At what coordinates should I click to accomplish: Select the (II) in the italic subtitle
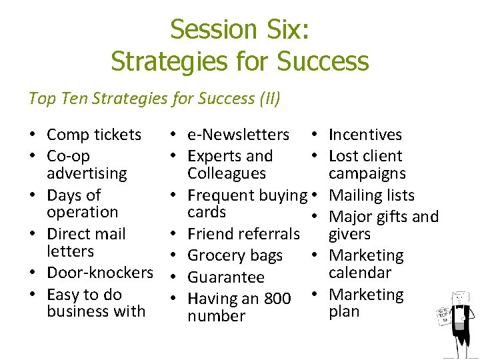[269, 99]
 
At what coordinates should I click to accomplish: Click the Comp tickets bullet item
[94, 135]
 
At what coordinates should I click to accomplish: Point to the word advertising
[87, 173]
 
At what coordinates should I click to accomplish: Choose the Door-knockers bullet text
[100, 273]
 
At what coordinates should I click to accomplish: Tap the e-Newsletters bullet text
[238, 135]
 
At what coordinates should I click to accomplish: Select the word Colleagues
[227, 173]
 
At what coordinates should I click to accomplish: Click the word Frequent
[217, 195]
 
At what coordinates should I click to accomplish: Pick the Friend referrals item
[243, 234]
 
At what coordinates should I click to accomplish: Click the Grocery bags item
[235, 255]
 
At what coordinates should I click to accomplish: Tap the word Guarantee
[226, 277]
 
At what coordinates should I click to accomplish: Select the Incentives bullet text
[365, 135]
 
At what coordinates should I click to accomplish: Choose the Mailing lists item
[372, 195]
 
